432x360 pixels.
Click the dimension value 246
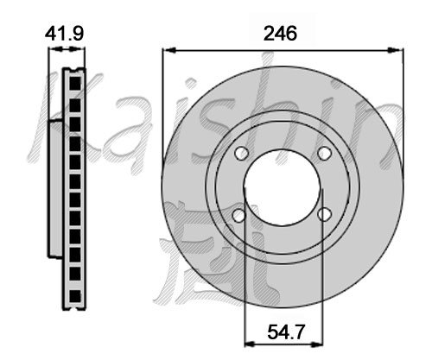(280, 34)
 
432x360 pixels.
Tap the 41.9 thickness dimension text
(64, 34)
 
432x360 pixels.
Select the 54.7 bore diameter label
(286, 332)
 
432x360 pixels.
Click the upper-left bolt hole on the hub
(241, 153)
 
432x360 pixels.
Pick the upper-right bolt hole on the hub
(325, 153)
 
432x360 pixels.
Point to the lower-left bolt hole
(239, 215)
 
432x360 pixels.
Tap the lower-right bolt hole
(324, 214)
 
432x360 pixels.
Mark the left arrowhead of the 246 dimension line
(169, 50)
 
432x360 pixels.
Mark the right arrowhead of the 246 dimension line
(397, 50)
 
